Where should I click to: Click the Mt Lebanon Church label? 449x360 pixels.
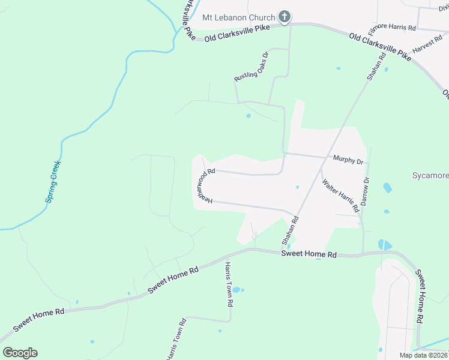[x=238, y=17]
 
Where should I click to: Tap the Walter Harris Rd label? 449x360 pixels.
[x=340, y=196]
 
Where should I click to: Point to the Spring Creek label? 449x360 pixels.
[x=54, y=182]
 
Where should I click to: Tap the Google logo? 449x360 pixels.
[x=20, y=353]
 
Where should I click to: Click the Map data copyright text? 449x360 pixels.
[x=423, y=355]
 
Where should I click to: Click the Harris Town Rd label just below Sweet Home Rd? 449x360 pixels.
[x=229, y=284]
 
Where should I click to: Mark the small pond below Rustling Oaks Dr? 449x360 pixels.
[x=248, y=116]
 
